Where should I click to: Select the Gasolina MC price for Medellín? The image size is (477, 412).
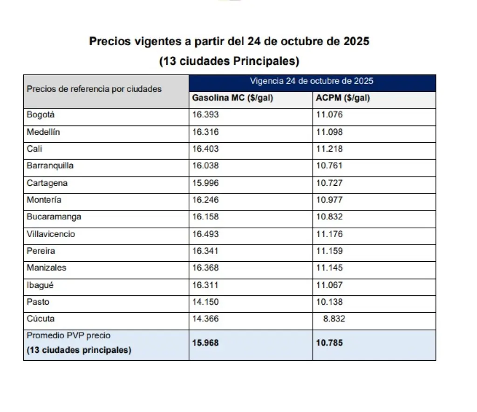click(205, 132)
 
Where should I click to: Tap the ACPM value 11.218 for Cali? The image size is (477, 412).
click(329, 149)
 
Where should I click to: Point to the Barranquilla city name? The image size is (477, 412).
click(50, 166)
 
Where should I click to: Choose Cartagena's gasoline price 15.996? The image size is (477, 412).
click(205, 183)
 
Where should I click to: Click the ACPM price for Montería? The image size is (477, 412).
click(329, 200)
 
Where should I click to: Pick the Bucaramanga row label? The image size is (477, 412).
click(54, 217)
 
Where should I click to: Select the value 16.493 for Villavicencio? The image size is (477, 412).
click(205, 234)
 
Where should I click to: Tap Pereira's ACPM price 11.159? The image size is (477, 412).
click(329, 251)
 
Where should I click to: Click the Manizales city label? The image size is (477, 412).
click(46, 268)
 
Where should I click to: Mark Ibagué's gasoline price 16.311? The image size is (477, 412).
click(205, 285)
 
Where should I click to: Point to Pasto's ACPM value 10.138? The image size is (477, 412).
click(329, 302)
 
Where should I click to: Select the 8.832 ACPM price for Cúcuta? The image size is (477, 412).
click(334, 319)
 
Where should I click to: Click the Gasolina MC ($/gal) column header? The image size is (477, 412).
click(232, 98)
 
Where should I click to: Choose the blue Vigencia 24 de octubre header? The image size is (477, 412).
click(312, 81)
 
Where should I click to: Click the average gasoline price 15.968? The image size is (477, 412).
click(205, 343)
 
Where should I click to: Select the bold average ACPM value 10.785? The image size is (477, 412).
click(329, 343)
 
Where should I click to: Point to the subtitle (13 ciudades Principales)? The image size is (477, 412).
click(229, 61)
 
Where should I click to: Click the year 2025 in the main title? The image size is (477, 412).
click(356, 42)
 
